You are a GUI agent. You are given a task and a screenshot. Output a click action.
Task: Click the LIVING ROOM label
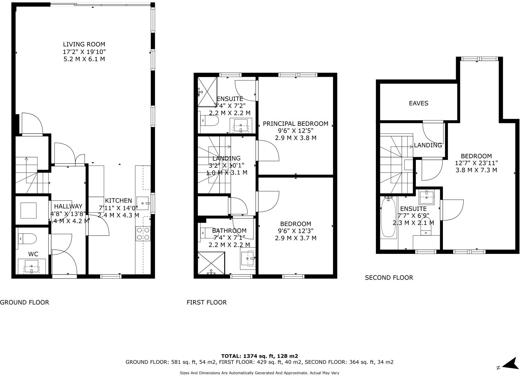coord(84,44)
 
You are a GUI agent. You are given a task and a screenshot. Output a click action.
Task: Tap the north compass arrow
coord(510,364)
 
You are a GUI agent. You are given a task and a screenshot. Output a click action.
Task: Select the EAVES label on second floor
coord(418,103)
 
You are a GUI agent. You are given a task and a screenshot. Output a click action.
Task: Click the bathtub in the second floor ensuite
coord(388,218)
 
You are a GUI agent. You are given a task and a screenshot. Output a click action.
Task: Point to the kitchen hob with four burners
coord(143,234)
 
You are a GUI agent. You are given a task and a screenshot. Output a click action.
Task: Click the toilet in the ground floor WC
coord(27,238)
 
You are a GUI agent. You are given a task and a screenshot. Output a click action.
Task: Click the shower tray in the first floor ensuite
coord(207,92)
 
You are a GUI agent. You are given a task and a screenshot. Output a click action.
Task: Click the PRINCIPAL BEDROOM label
coord(295,124)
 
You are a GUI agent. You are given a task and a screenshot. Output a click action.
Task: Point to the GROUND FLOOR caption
coord(24,302)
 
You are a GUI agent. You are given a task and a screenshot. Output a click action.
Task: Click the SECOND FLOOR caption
coord(389,278)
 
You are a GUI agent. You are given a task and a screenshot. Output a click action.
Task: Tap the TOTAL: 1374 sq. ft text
coord(259,356)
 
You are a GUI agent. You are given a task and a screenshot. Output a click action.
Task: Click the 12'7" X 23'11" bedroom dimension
coord(476,163)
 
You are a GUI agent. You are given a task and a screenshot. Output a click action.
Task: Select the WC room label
coord(33,254)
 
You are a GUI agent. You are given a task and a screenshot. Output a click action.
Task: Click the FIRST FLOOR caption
coord(207,302)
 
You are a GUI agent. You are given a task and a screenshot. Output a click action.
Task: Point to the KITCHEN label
coord(118,201)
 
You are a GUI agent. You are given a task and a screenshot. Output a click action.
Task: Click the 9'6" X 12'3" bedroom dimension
coord(295,231)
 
